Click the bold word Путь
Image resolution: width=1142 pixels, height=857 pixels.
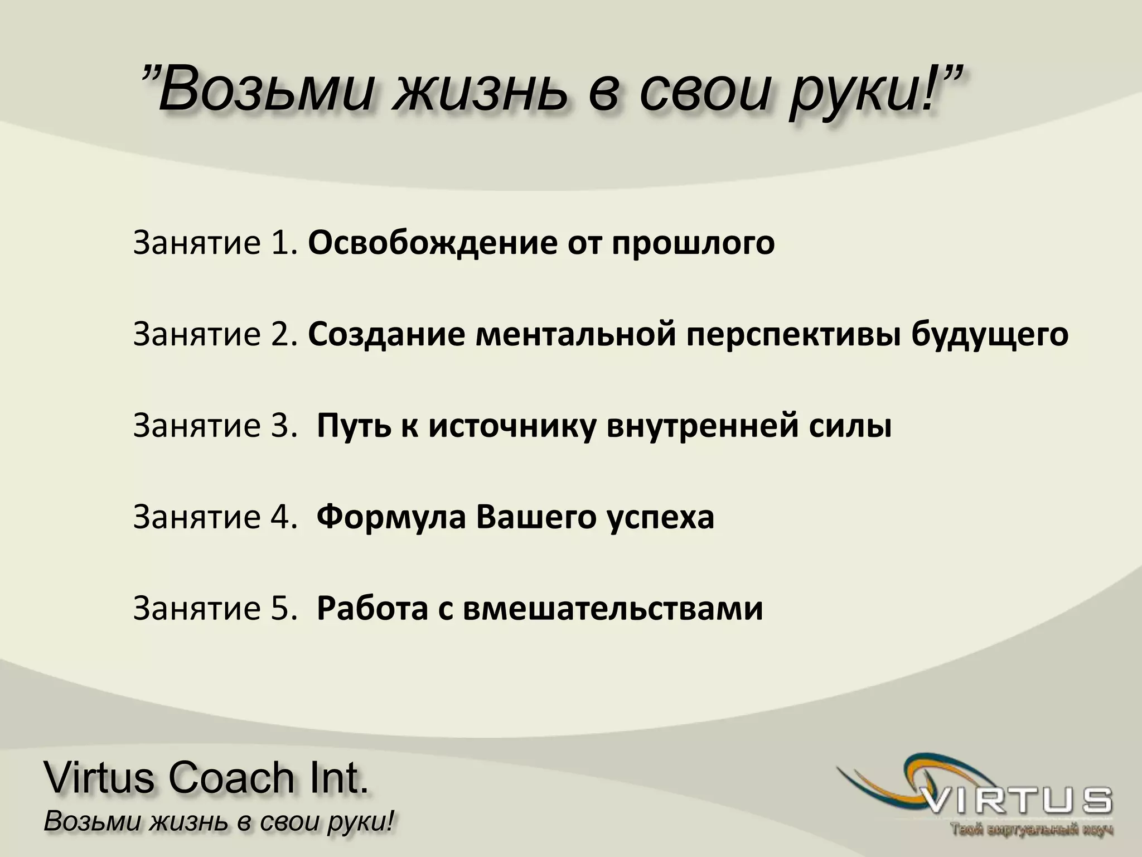[352, 426]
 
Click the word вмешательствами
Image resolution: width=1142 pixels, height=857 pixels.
[613, 608]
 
